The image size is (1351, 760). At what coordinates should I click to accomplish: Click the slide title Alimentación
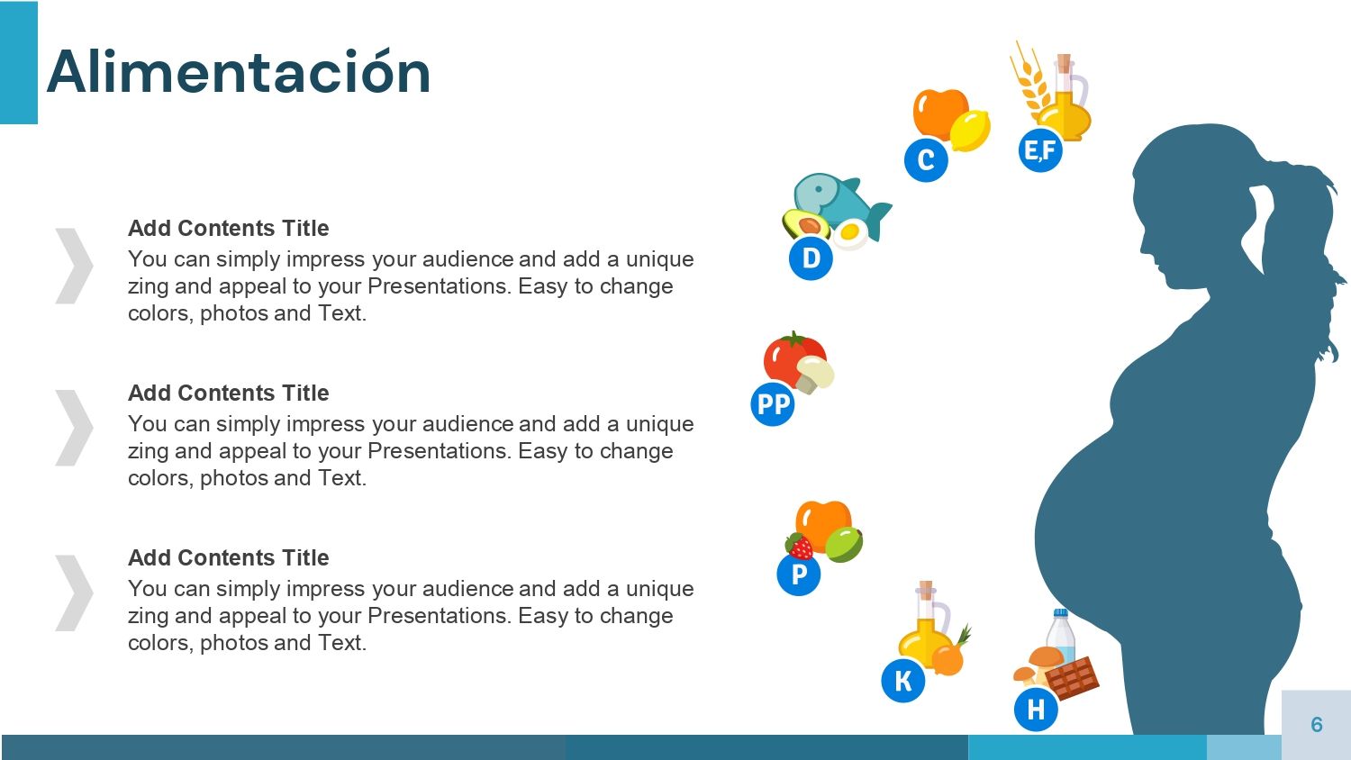click(x=239, y=72)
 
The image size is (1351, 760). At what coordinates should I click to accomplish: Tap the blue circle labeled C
click(x=926, y=160)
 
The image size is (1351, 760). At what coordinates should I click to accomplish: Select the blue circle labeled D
click(x=812, y=258)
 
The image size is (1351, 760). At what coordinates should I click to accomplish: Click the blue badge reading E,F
click(x=1040, y=149)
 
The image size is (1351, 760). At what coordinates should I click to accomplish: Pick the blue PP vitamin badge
click(x=773, y=404)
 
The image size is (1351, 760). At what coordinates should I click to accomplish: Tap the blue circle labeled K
click(x=902, y=681)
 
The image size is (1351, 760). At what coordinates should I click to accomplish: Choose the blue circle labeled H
click(x=1036, y=710)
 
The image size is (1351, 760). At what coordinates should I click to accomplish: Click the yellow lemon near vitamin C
click(x=970, y=131)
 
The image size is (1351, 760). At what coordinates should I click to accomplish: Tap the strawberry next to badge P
click(x=800, y=547)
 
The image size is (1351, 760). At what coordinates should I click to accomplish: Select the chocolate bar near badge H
click(x=1073, y=678)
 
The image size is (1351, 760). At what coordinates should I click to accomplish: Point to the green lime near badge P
click(x=844, y=544)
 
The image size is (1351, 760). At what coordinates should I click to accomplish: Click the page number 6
click(x=1317, y=724)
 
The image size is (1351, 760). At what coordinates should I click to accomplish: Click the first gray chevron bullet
click(x=74, y=266)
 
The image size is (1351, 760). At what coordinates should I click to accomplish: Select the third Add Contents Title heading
click(x=229, y=557)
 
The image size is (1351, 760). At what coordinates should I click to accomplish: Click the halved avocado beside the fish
click(x=805, y=224)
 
